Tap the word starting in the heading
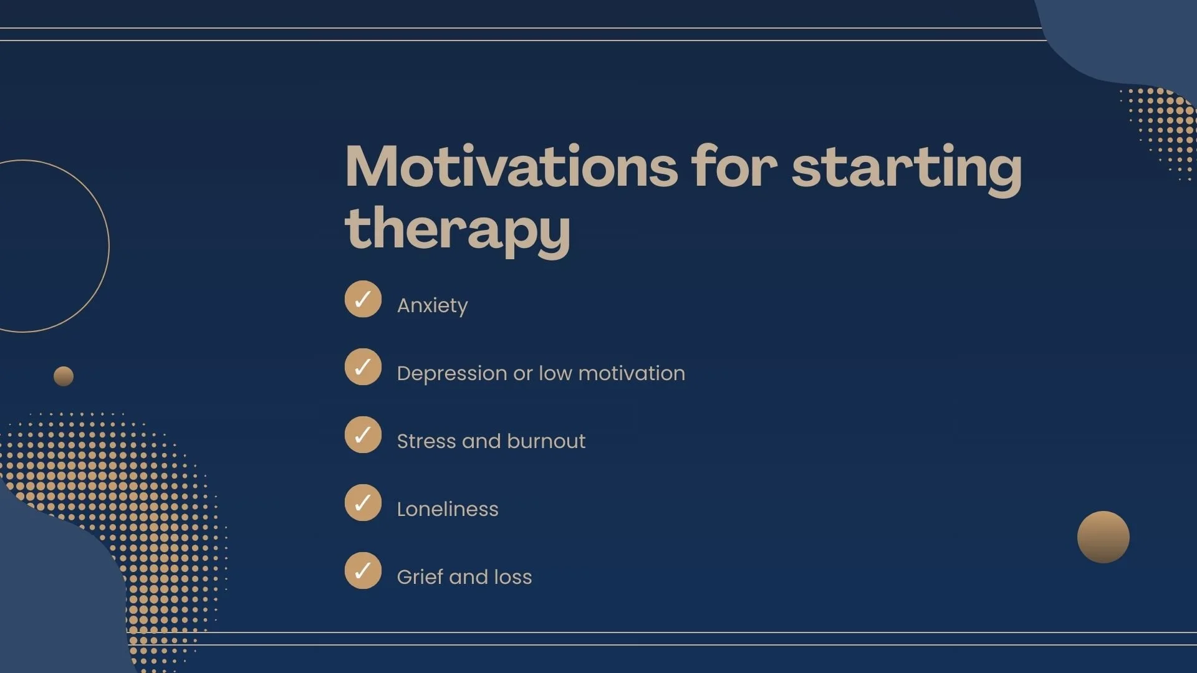[x=906, y=167]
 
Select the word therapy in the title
[x=457, y=229]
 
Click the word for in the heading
[x=734, y=167]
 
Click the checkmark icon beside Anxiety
[x=363, y=299]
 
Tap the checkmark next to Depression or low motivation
[x=363, y=367]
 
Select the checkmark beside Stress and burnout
[x=363, y=435]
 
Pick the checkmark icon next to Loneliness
[x=363, y=503]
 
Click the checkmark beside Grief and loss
[x=363, y=571]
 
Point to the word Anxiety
[x=432, y=305]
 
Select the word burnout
[x=546, y=441]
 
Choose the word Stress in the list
[x=426, y=441]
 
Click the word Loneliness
[x=448, y=509]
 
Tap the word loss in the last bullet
[x=512, y=577]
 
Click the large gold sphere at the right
[x=1103, y=537]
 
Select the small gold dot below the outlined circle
[x=64, y=376]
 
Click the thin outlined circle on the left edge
[x=108, y=246]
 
